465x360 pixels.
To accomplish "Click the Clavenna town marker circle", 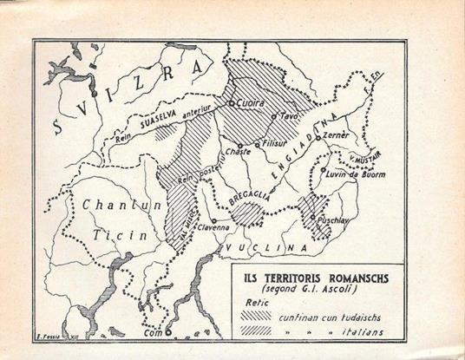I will pyautogui.click(x=215, y=221).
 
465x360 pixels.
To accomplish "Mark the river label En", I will pyautogui.click(x=377, y=79).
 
